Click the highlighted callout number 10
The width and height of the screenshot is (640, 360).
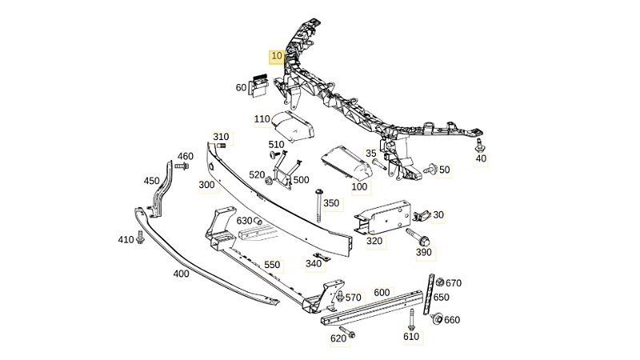tap(276, 57)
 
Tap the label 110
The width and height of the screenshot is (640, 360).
tap(262, 119)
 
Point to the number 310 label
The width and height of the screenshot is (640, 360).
tap(221, 137)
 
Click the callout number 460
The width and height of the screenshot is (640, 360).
tap(185, 156)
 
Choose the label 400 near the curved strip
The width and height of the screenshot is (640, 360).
tap(181, 273)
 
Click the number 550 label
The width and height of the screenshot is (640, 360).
tap(272, 264)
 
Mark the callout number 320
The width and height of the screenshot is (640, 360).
tap(374, 240)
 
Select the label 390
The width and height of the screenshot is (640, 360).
tap(424, 252)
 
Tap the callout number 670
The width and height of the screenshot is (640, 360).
tap(454, 282)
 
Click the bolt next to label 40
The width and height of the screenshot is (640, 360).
tap(480, 146)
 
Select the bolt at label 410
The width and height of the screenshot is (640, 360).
tap(142, 238)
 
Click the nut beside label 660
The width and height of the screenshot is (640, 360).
tap(437, 320)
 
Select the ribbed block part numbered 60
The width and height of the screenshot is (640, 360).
tap(260, 86)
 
